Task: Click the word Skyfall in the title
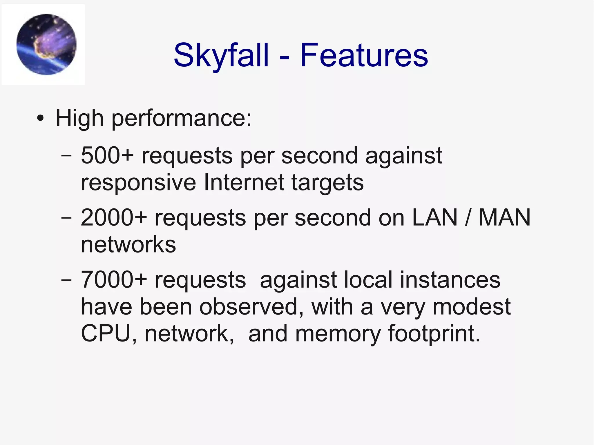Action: [x=221, y=55]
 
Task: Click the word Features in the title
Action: [x=364, y=55]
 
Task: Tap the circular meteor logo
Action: [x=46, y=44]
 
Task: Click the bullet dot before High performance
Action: [x=41, y=119]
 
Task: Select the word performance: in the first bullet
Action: [x=182, y=119]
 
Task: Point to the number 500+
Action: [x=107, y=155]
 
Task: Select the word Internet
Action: [x=243, y=182]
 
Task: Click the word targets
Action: [x=327, y=183]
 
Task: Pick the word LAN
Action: [x=434, y=217]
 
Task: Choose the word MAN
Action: [x=504, y=217]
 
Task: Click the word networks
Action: [x=128, y=244]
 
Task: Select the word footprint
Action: [x=434, y=334]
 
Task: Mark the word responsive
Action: [x=138, y=183]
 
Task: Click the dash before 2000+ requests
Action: [x=66, y=217]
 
